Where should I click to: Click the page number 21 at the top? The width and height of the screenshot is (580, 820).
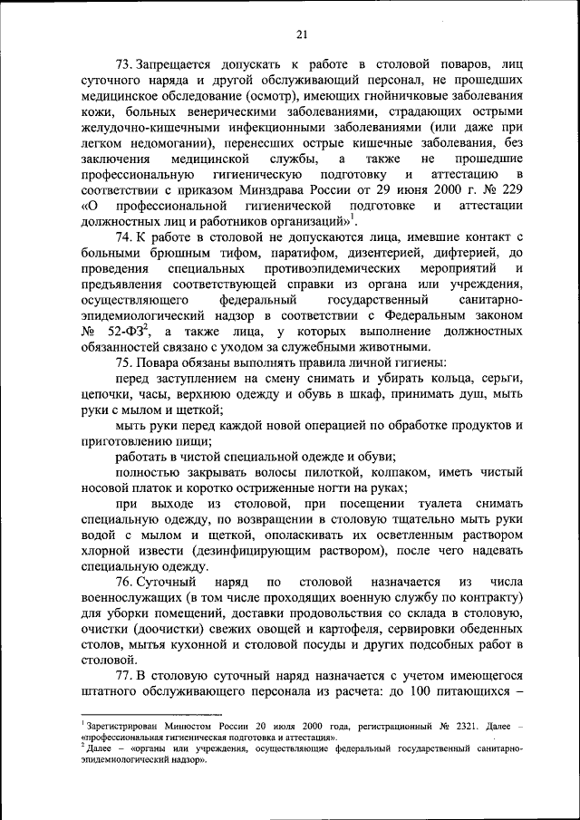pyautogui.click(x=302, y=34)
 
